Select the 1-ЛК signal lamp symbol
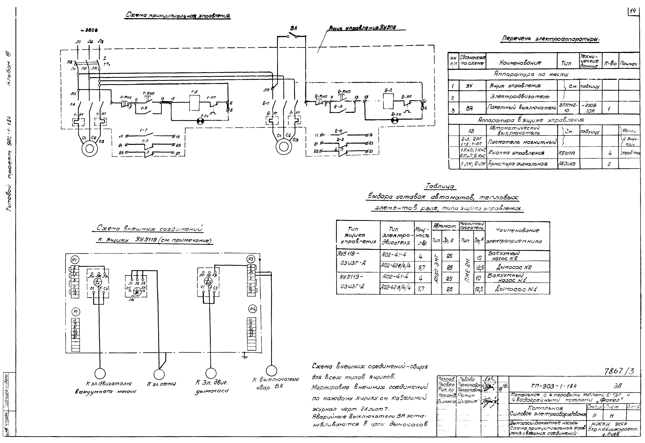[x=200, y=121]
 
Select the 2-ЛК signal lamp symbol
[x=394, y=120]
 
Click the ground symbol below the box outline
[x=244, y=356]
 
